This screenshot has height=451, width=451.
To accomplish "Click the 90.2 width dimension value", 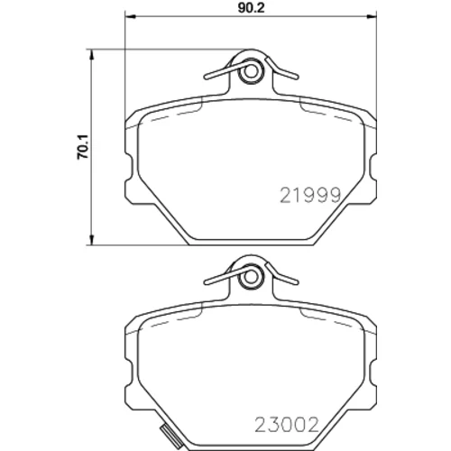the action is [x=251, y=8].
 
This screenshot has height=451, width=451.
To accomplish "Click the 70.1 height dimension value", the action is [x=83, y=147].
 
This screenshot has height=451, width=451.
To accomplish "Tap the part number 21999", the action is [x=310, y=195].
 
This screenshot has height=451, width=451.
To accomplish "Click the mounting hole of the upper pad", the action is [x=250, y=71].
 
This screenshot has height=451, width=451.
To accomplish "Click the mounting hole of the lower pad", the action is [x=250, y=277].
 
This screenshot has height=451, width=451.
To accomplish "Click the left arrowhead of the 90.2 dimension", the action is [x=131, y=17].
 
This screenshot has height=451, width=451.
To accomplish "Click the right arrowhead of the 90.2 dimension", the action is [x=371, y=17].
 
